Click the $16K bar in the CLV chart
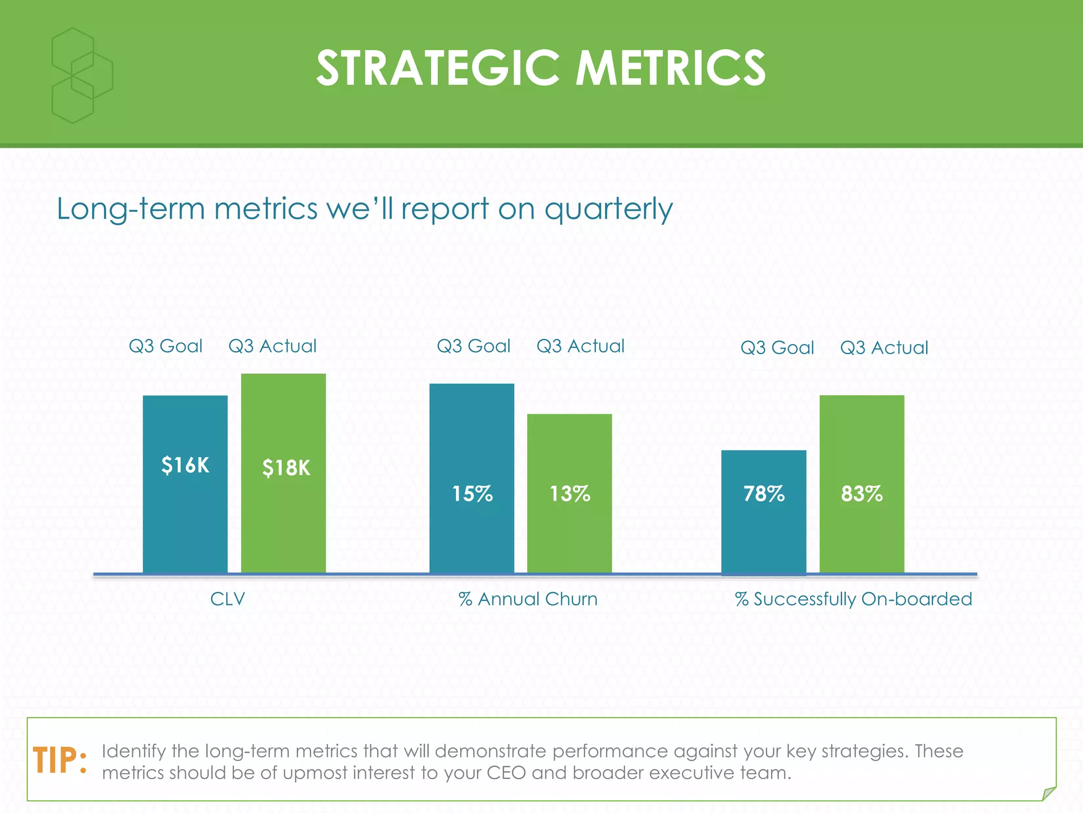185,484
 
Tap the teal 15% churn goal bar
472,478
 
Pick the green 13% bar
570,493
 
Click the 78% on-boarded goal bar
764,512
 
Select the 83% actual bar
861,484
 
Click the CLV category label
227,599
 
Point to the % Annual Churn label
528,599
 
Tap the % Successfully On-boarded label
853,599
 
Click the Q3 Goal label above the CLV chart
166,346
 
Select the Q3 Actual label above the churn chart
580,346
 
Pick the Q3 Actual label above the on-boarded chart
884,348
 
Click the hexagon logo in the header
81,75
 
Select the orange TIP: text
60,761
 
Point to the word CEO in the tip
506,773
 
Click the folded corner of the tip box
1048,793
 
